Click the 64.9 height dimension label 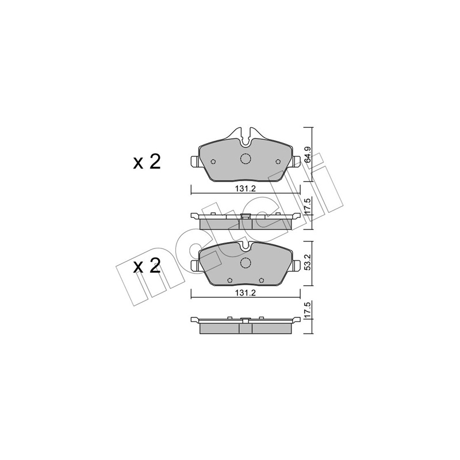coord(307,155)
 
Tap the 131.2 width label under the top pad coord(246,189)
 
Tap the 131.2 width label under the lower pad coord(246,293)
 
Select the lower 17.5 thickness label coord(307,309)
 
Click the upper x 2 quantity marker coord(147,162)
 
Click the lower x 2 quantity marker coord(147,266)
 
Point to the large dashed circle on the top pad coord(246,159)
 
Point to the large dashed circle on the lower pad coord(246,263)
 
